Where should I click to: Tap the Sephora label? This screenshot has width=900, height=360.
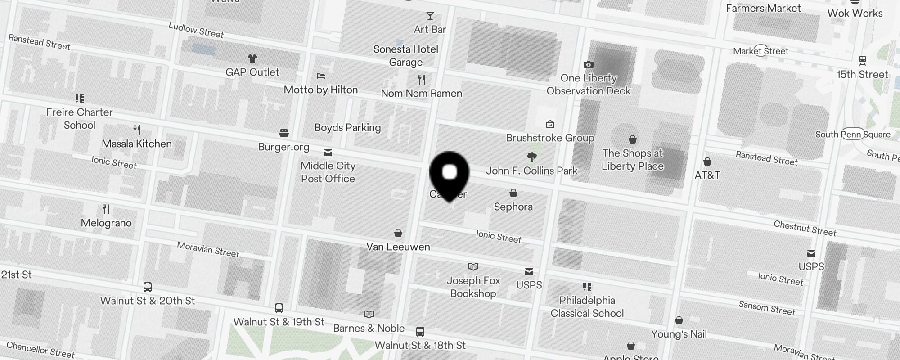(x=513, y=207)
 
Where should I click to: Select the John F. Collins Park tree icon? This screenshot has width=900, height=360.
(x=532, y=157)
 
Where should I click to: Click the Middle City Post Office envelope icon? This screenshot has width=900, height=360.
(x=328, y=152)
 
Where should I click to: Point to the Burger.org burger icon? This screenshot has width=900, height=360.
(x=283, y=133)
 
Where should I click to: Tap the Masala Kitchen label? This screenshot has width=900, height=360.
(x=137, y=144)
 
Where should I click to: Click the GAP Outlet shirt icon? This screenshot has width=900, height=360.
(x=252, y=58)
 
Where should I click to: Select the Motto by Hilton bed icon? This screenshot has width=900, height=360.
(x=320, y=76)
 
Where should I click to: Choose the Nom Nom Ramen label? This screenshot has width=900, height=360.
(x=422, y=94)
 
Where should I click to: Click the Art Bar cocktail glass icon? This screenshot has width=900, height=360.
(x=430, y=16)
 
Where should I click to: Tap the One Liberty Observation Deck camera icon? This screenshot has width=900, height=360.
(x=588, y=65)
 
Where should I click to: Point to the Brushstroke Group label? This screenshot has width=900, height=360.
(x=550, y=138)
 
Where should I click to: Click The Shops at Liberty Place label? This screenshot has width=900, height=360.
(x=633, y=160)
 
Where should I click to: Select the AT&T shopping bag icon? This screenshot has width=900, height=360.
(x=707, y=162)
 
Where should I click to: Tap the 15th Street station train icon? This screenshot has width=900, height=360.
(x=862, y=60)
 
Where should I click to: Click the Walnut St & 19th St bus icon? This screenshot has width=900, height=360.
(x=279, y=308)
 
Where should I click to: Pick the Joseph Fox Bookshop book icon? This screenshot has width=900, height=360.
(x=473, y=266)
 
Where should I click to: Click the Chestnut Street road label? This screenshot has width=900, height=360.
(x=805, y=229)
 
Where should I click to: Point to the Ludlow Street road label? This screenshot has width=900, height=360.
(x=196, y=30)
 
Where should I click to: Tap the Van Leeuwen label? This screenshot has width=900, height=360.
(x=398, y=247)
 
